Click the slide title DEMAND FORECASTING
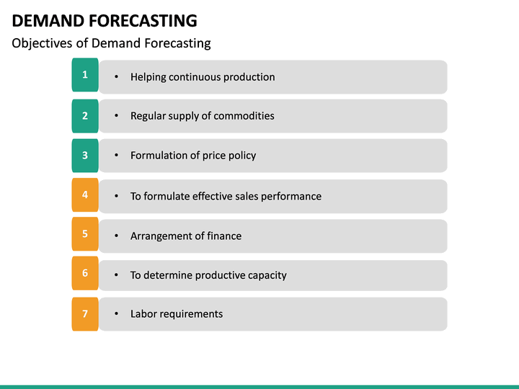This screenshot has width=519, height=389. [x=105, y=20]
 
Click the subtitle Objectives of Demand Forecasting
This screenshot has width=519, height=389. [x=112, y=43]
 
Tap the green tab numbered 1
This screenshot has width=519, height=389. [x=85, y=75]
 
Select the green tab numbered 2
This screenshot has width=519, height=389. [x=85, y=115]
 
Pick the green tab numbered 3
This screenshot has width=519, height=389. [x=85, y=155]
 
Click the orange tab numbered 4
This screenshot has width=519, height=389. [x=85, y=194]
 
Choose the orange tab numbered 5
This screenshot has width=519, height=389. [x=85, y=234]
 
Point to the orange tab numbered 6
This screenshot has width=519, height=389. [x=85, y=274]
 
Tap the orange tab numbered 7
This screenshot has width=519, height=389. [x=85, y=313]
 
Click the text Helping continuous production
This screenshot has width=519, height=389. [x=203, y=77]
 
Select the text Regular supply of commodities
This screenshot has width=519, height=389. [x=202, y=116]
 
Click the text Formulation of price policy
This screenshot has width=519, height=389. [x=193, y=156]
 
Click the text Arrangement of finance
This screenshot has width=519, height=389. [x=186, y=236]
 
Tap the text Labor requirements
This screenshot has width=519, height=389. [x=177, y=314]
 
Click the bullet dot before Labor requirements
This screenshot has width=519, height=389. [x=117, y=314]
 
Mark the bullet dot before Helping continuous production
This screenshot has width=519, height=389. [x=117, y=77]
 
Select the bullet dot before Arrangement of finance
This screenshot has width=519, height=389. [x=117, y=236]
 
